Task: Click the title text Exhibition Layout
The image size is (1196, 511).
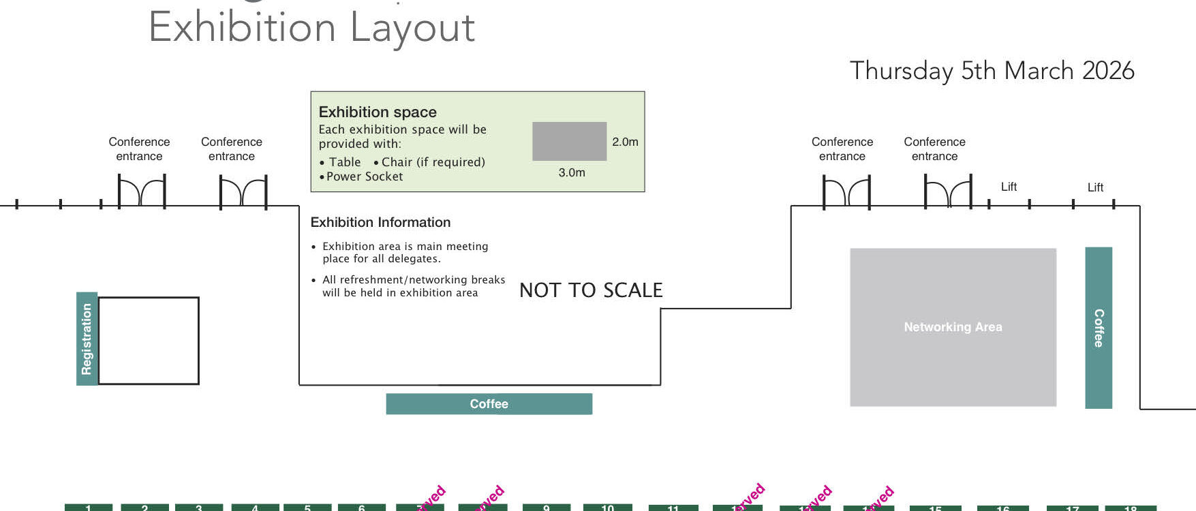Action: point(311,28)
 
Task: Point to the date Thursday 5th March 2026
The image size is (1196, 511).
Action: point(992,71)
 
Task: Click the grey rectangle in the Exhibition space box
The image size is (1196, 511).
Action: point(569,141)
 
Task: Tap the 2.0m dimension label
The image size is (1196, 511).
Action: point(625,142)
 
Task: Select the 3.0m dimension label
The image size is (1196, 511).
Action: point(572,172)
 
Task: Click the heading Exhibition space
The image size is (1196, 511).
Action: point(378,112)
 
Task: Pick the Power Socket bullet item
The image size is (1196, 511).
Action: point(364,176)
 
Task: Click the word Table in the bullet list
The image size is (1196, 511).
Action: point(345,162)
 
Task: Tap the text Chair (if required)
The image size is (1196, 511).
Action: point(433,162)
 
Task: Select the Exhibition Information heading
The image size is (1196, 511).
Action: point(380,222)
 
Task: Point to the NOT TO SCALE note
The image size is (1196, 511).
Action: point(591,290)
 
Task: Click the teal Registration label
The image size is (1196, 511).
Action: point(87,339)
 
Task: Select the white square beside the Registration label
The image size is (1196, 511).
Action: point(149,341)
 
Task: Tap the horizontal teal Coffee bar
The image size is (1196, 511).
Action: point(489,404)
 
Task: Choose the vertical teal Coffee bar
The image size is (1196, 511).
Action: point(1098,328)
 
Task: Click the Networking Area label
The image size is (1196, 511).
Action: point(953,327)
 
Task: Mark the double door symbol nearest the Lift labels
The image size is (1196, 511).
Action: point(948,192)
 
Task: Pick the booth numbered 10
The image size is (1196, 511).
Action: point(607,507)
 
